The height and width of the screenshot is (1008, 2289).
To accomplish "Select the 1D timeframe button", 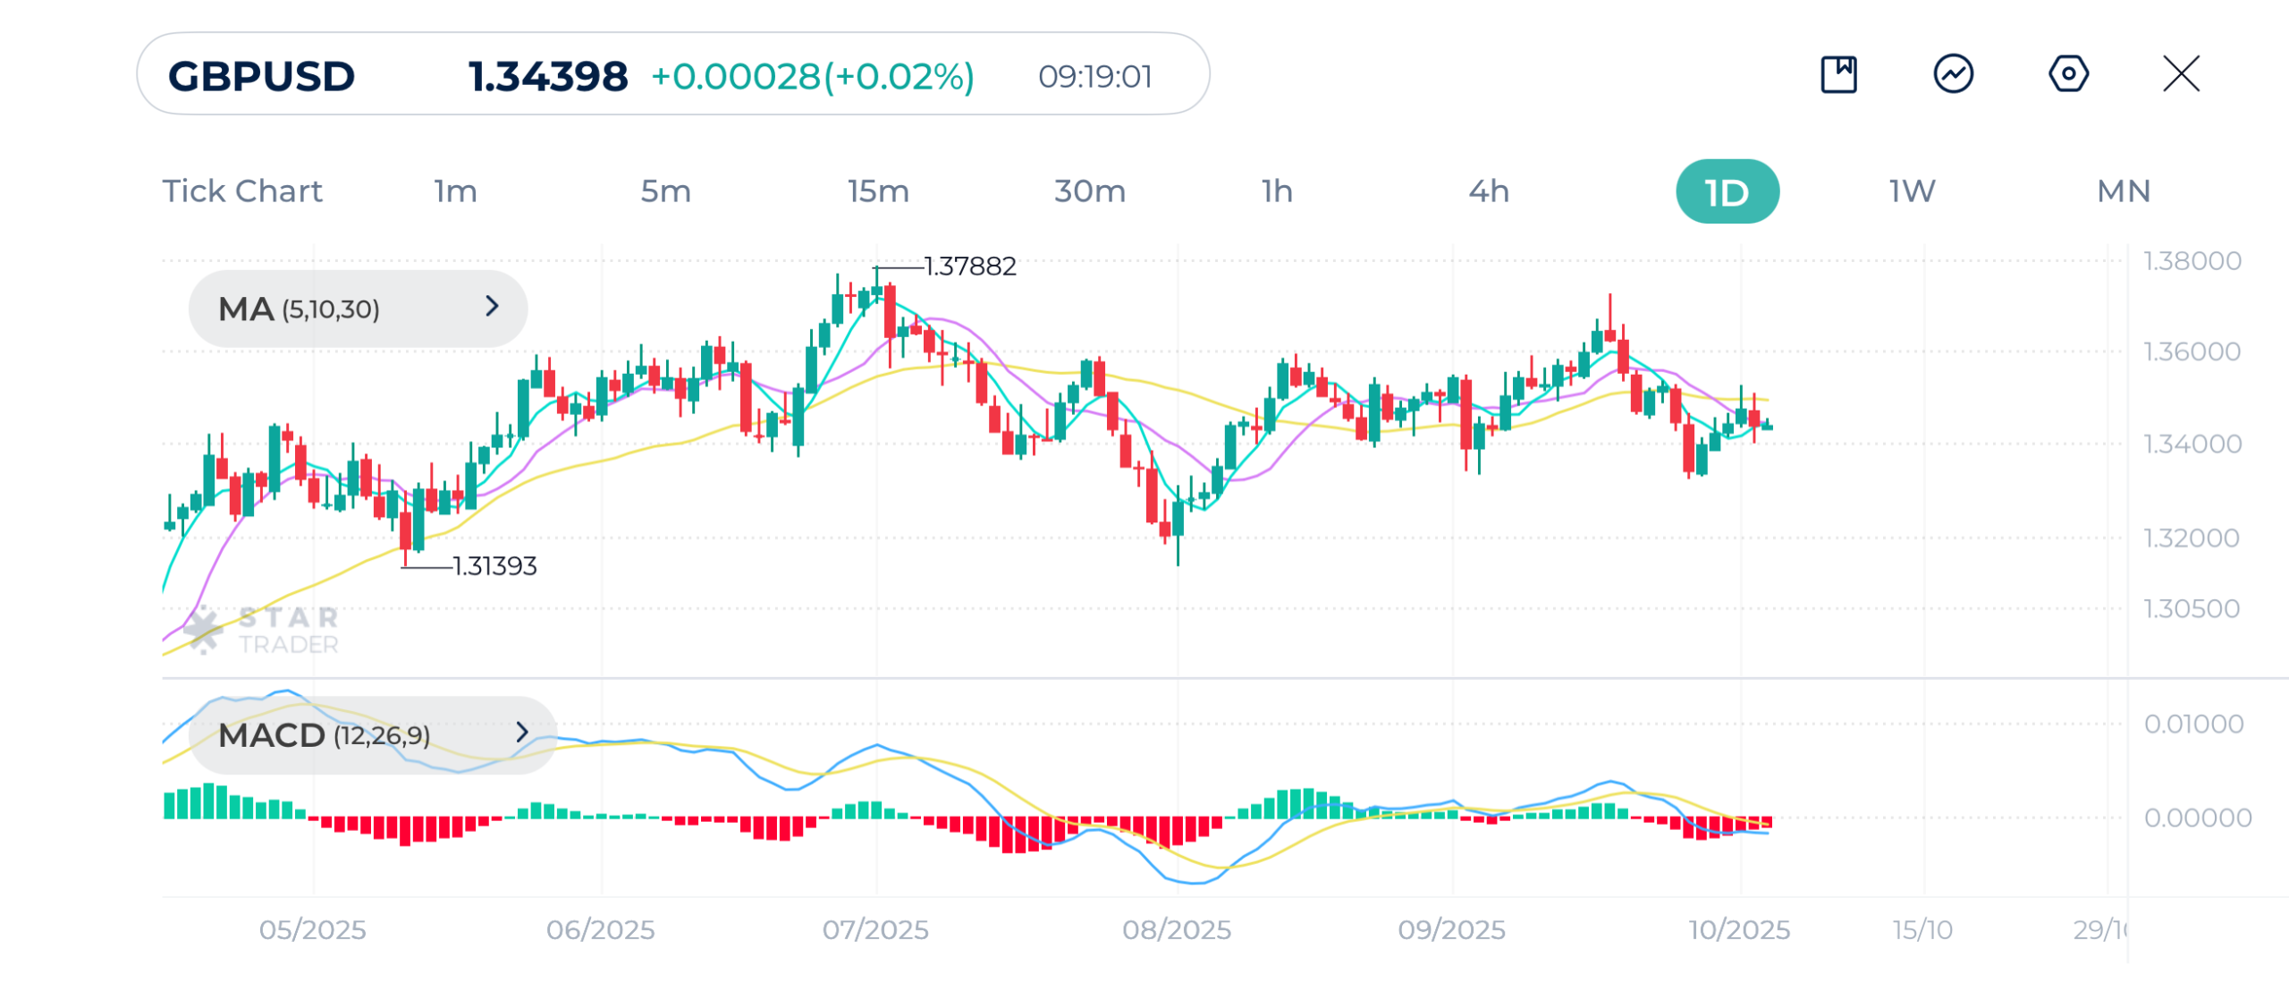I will tap(1727, 191).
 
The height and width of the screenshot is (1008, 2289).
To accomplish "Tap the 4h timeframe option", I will tap(1489, 191).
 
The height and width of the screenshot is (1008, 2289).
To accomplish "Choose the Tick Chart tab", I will tap(242, 191).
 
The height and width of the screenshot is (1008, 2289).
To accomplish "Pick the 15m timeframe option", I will tap(878, 191).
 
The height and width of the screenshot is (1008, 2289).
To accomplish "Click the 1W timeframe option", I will tap(1912, 191).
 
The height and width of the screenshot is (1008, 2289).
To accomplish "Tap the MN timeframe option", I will tap(2124, 191).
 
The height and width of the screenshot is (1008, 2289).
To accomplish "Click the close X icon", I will tap(2181, 74).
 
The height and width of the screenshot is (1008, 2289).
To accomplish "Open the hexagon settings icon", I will tap(2068, 74).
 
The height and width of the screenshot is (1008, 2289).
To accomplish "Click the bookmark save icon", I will tap(1838, 74).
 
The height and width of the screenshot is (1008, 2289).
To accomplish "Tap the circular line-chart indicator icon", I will tap(1954, 74).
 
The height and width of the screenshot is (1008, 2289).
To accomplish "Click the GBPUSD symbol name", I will tap(262, 76).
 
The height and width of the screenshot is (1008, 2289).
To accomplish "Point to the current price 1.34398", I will tap(548, 76).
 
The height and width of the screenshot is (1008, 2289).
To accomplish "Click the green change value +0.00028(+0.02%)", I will tap(813, 76).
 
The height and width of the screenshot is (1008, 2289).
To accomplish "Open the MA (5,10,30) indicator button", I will tap(358, 309).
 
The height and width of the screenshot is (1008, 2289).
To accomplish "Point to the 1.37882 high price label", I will tap(970, 267).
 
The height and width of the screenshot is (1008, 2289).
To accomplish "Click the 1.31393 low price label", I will tap(494, 566).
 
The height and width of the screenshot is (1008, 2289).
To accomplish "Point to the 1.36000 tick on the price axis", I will tap(2192, 352).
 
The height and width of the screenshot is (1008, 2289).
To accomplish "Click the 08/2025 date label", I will tap(1177, 930).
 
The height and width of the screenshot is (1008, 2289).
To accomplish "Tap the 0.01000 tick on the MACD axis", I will tap(2193, 724).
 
